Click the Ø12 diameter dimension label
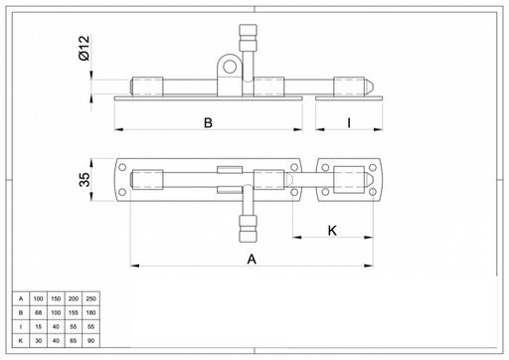tap(85, 48)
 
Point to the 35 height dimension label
tap(85, 179)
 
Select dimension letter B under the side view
tap(208, 122)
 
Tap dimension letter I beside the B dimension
tap(349, 122)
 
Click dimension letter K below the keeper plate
tap(332, 231)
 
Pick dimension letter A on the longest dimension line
tap(252, 259)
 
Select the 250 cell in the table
tap(90, 298)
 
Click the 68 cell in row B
tap(38, 312)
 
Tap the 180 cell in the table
tap(90, 312)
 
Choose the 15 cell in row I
tap(38, 327)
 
